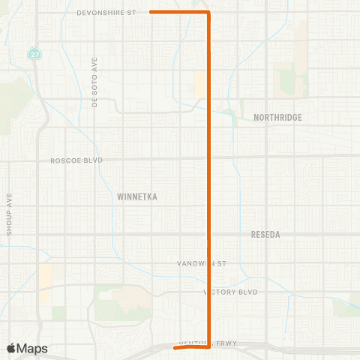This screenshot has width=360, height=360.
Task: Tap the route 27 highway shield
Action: click(x=34, y=54)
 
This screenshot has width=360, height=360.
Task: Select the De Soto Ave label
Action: click(x=95, y=73)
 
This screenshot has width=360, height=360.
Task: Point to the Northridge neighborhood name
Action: click(x=277, y=118)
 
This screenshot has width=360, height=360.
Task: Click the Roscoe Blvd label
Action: click(x=76, y=160)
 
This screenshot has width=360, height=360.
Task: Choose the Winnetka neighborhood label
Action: click(x=140, y=196)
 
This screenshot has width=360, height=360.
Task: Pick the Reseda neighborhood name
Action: click(x=265, y=235)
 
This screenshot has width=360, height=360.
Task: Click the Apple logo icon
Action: click(x=12, y=348)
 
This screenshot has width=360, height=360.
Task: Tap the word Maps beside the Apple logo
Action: click(x=33, y=348)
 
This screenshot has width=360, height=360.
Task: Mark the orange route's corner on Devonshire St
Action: click(x=208, y=13)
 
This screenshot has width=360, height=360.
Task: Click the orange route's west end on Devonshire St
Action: click(x=151, y=12)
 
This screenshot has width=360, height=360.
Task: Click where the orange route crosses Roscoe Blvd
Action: click(x=208, y=158)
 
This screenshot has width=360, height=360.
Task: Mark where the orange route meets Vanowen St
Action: click(x=208, y=264)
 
